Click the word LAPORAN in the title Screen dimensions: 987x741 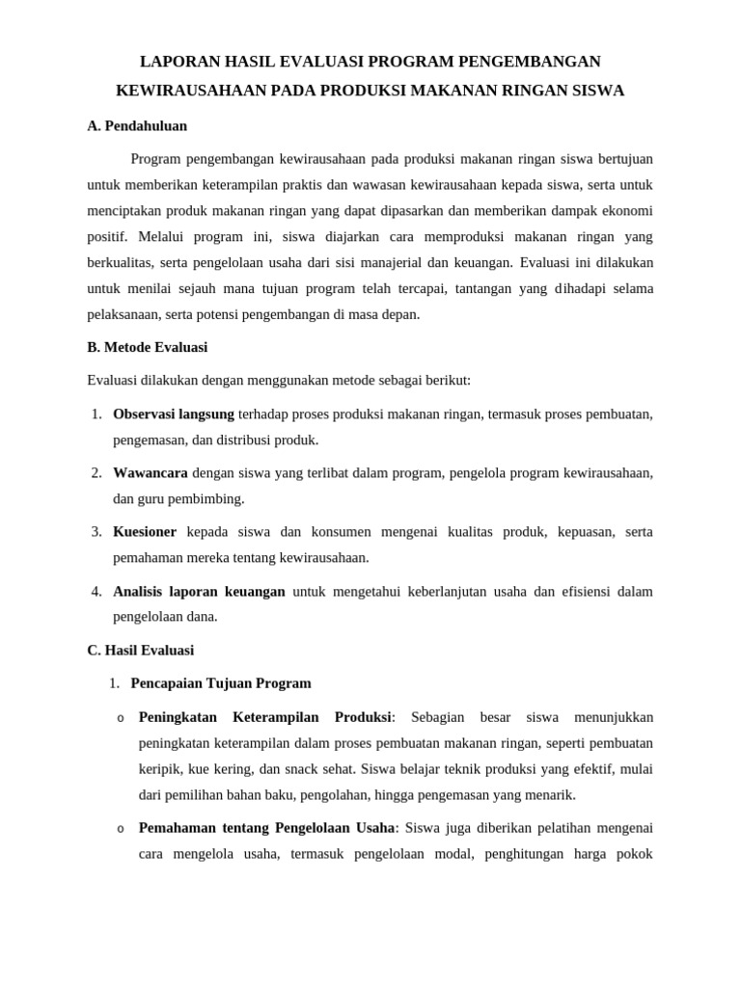click(179, 62)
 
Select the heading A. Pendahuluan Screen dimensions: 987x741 click(137, 126)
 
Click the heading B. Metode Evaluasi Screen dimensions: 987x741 click(147, 347)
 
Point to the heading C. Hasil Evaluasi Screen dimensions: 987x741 click(140, 651)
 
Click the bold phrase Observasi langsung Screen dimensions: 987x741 click(174, 413)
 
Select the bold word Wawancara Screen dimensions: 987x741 click(151, 473)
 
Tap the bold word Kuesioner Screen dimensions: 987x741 click(145, 532)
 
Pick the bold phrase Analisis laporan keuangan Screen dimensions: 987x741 click(199, 592)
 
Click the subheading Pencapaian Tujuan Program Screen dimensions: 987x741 click(221, 683)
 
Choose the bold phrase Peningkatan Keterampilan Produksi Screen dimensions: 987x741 click(265, 717)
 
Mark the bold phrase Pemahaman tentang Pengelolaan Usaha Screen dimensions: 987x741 click(267, 828)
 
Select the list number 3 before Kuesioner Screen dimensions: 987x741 click(96, 532)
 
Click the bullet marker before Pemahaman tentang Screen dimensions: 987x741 click(121, 829)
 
